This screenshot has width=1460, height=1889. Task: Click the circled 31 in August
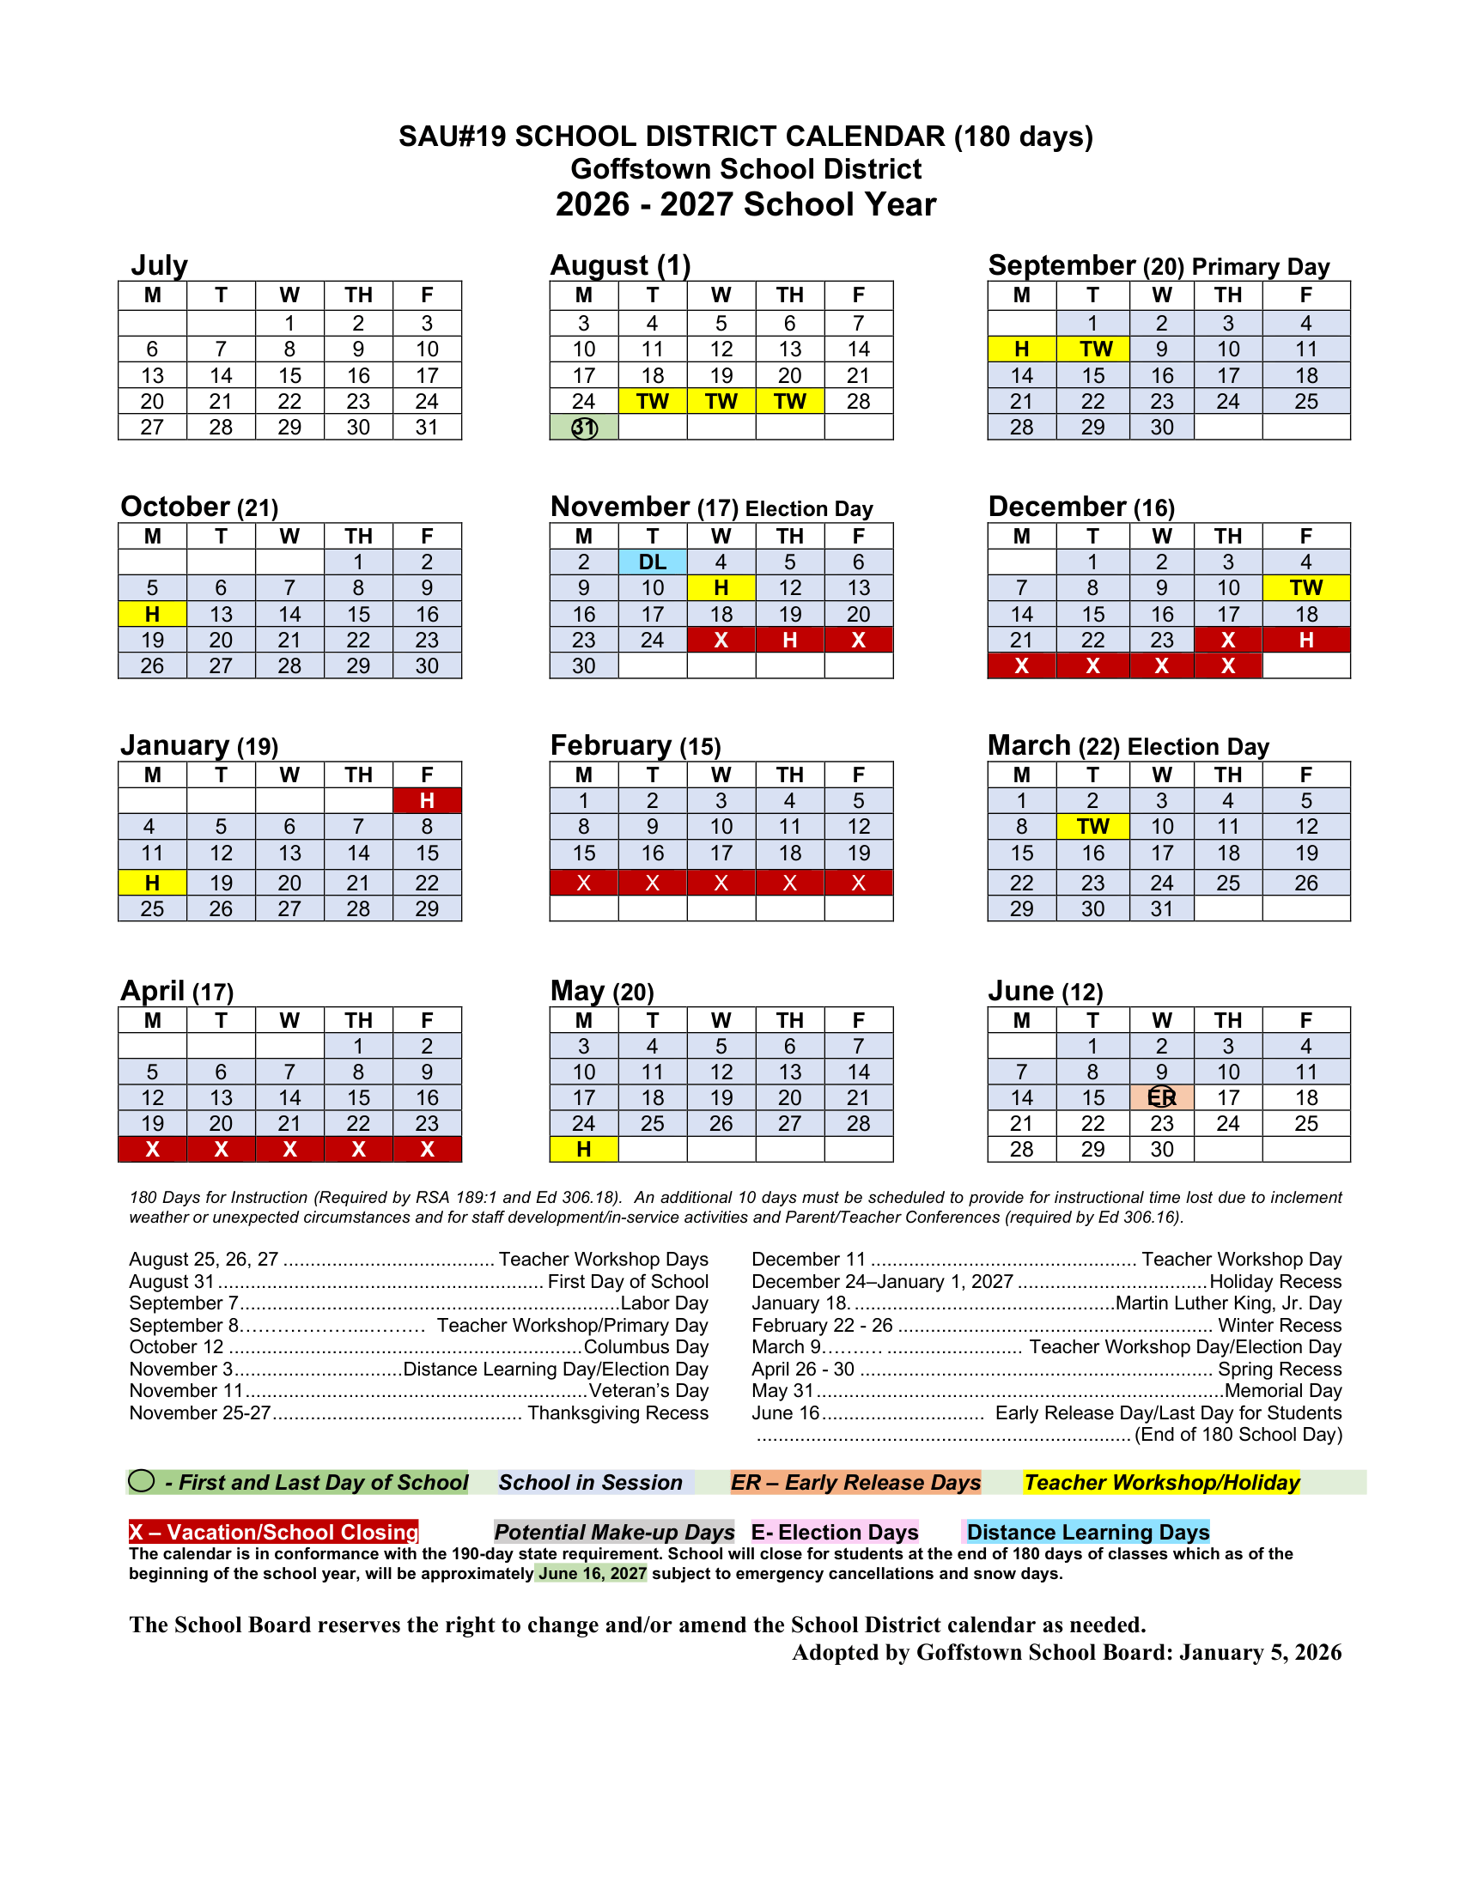coord(585,428)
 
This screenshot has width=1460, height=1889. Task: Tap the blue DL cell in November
coord(652,562)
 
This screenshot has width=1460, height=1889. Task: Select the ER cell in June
coord(1162,1097)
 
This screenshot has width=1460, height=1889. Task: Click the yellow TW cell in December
coord(1306,588)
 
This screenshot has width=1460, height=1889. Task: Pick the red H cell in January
coord(428,801)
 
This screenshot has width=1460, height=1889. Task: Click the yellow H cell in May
coord(584,1150)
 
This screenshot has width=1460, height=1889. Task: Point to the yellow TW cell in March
coord(1092,827)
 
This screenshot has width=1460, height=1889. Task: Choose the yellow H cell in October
coord(152,614)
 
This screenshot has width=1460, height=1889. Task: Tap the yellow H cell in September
coord(1021,349)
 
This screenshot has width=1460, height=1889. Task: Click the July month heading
coord(159,264)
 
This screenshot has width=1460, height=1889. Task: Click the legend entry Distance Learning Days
coord(1087,1532)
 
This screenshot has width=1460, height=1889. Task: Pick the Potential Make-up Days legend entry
coord(614,1532)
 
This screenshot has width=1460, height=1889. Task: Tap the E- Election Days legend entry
coord(835,1532)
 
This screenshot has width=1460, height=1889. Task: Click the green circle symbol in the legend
coord(141,1482)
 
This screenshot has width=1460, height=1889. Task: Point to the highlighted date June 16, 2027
coord(593,1573)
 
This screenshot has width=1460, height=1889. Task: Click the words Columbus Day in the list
coord(646,1346)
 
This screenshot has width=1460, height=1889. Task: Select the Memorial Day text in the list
coord(1283,1391)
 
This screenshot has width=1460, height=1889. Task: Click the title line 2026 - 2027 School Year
coord(745,205)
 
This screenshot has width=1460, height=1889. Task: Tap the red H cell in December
coord(1306,640)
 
